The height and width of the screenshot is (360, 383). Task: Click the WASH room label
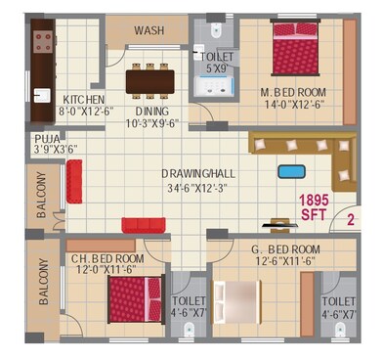point(149,30)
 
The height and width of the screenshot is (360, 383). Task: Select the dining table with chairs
point(149,79)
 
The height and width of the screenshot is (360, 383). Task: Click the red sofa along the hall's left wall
point(74,181)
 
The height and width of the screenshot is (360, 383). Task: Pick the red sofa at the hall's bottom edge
point(145,225)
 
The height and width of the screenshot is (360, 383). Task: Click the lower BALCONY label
point(44,284)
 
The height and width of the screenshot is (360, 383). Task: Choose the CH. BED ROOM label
point(107,259)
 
